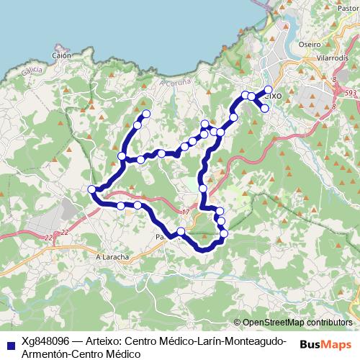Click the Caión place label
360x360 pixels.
pyautogui.click(x=60, y=55)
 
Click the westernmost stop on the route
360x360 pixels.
pyautogui.click(x=91, y=189)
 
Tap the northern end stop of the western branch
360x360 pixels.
pyautogui.click(x=146, y=114)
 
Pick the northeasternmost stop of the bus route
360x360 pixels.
pyautogui.click(x=268, y=90)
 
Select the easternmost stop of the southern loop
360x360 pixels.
pyautogui.click(x=224, y=233)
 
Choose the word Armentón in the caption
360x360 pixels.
pyautogui.click(x=47, y=354)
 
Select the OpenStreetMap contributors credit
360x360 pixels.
pyautogui.click(x=297, y=322)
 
